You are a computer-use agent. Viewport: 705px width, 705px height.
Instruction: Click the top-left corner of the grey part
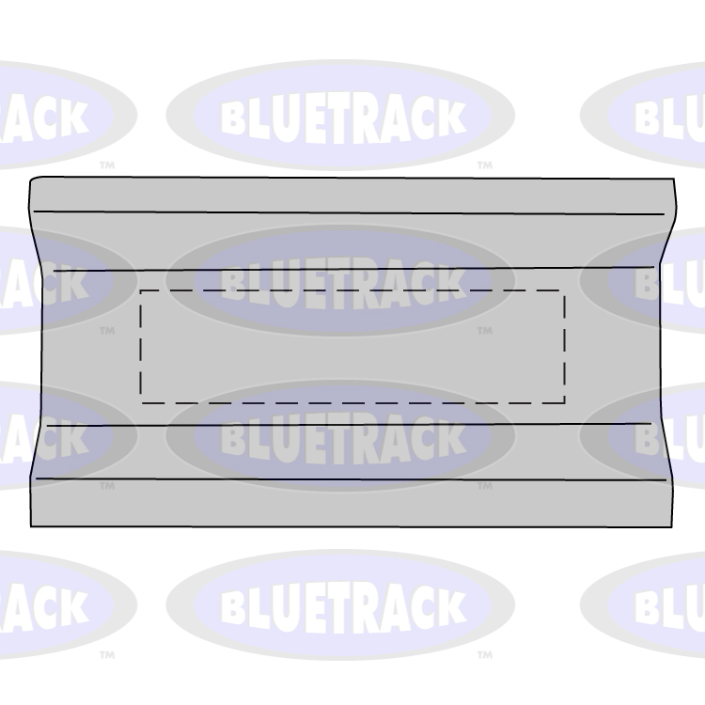pos(32,179)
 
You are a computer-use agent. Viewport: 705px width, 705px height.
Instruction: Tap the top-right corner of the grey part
pos(674,180)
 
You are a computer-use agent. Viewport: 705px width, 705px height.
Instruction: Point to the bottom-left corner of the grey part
pos(32,525)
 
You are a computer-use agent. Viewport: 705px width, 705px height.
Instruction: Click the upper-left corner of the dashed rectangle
pos(141,291)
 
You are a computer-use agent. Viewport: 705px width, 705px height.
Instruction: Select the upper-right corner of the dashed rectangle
pos(564,291)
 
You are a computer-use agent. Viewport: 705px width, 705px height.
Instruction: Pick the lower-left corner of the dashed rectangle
pos(141,402)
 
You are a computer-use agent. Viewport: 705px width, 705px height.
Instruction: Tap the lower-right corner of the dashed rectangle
pos(564,402)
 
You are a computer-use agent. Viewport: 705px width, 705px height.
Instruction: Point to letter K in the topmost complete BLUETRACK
pos(449,117)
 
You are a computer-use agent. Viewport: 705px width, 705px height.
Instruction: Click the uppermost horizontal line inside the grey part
pos(348,213)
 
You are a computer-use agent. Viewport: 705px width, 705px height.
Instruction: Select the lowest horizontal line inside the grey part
pos(348,479)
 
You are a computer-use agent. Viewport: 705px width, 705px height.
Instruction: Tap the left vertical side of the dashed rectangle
pos(141,347)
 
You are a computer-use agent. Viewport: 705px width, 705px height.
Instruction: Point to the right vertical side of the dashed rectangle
pos(564,347)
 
